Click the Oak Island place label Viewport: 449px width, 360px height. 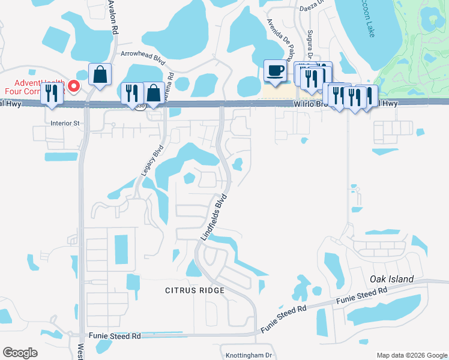point(391,279)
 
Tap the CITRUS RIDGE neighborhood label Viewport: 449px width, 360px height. point(195,290)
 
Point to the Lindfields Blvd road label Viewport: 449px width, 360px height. point(214,217)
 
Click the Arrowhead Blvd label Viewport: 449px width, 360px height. point(143,53)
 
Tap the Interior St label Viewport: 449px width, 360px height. point(65,124)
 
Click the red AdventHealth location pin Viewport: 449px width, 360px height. point(74,86)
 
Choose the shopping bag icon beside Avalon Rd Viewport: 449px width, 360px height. point(100,74)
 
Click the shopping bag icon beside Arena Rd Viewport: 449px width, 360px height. point(154,93)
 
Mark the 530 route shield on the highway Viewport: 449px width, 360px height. point(140,106)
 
